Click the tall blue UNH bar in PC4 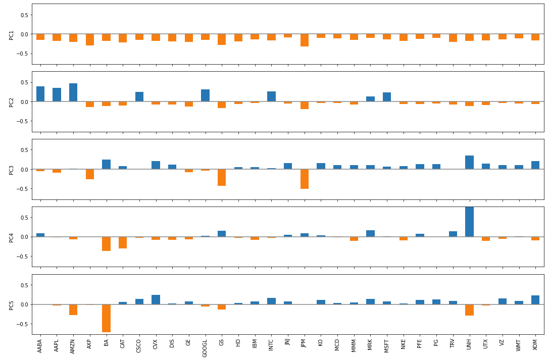click(x=469, y=222)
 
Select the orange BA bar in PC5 click(x=106, y=318)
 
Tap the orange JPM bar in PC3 click(x=304, y=179)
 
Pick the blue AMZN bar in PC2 click(x=73, y=92)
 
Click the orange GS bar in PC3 click(x=222, y=177)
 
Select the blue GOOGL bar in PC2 click(x=205, y=95)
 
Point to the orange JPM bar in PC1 click(x=304, y=40)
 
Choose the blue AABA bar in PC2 click(x=40, y=94)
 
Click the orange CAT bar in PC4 click(x=123, y=242)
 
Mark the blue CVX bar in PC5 click(x=156, y=299)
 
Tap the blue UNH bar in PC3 click(x=469, y=162)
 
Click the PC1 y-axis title click(x=12, y=34)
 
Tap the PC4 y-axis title click(x=12, y=237)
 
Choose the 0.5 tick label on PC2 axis click(x=24, y=83)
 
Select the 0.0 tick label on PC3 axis click(x=24, y=170)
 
